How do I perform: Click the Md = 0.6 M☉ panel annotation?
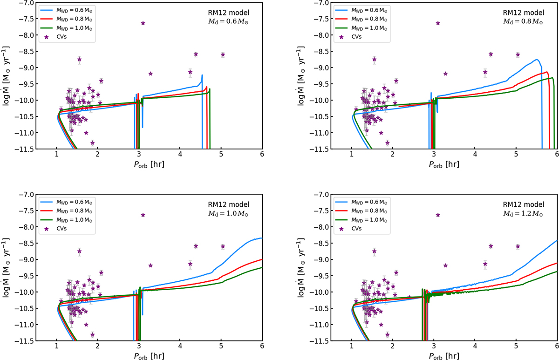[x=228, y=21]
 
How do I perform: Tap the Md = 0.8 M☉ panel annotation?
[x=523, y=21]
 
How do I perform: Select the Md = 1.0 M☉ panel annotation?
[x=228, y=214]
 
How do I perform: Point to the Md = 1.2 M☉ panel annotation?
[x=523, y=214]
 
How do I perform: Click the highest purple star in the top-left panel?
[x=143, y=23]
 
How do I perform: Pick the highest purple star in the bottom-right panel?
[x=438, y=215]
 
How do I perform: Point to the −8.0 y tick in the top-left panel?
[x=27, y=35]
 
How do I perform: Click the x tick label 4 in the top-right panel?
[x=475, y=154]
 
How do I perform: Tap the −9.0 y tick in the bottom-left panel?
[x=27, y=260]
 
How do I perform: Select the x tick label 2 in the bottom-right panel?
[x=393, y=346]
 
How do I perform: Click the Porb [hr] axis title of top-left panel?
[x=149, y=164]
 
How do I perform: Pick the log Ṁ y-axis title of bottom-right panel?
[x=301, y=268]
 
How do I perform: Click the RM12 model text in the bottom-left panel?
[x=229, y=204]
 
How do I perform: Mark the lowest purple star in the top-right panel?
[x=388, y=143]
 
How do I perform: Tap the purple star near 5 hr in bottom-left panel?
[x=223, y=246]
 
